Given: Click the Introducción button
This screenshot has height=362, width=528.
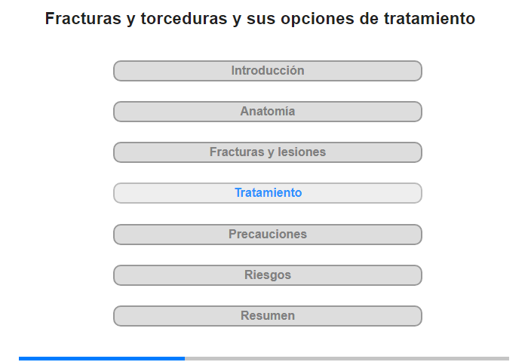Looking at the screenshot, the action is point(267,71).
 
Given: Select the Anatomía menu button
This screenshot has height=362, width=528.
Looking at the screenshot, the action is point(267,112).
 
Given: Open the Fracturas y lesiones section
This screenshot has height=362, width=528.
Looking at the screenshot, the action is point(267,152).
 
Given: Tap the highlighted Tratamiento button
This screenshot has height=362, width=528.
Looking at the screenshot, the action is point(267,193).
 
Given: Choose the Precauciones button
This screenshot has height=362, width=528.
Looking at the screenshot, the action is point(267,235).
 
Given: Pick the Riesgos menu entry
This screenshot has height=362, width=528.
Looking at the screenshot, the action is point(267,275).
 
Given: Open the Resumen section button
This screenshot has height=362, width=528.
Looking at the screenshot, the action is point(267,316).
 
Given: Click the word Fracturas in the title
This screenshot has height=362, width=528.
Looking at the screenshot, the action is point(83,19).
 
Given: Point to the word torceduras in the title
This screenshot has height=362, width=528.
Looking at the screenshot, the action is point(184,19).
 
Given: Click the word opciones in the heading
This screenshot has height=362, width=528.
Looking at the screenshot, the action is point(318,20).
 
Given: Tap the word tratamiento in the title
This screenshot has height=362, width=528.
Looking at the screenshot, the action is point(429,19).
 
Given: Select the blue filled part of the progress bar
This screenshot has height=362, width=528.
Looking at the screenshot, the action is point(102,359).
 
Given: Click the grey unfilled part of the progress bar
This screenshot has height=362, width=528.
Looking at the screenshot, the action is point(347,359).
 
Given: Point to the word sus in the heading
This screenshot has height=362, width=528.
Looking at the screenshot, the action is point(261,20).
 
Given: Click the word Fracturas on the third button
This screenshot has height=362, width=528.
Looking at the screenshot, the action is point(237,152).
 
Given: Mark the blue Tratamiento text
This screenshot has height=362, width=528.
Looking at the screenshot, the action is point(268,192).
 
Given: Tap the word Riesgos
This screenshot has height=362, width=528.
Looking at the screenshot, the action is point(268,275).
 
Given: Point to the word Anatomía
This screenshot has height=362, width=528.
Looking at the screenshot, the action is point(268,111).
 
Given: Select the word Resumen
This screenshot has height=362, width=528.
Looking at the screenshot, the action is point(268,315).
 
